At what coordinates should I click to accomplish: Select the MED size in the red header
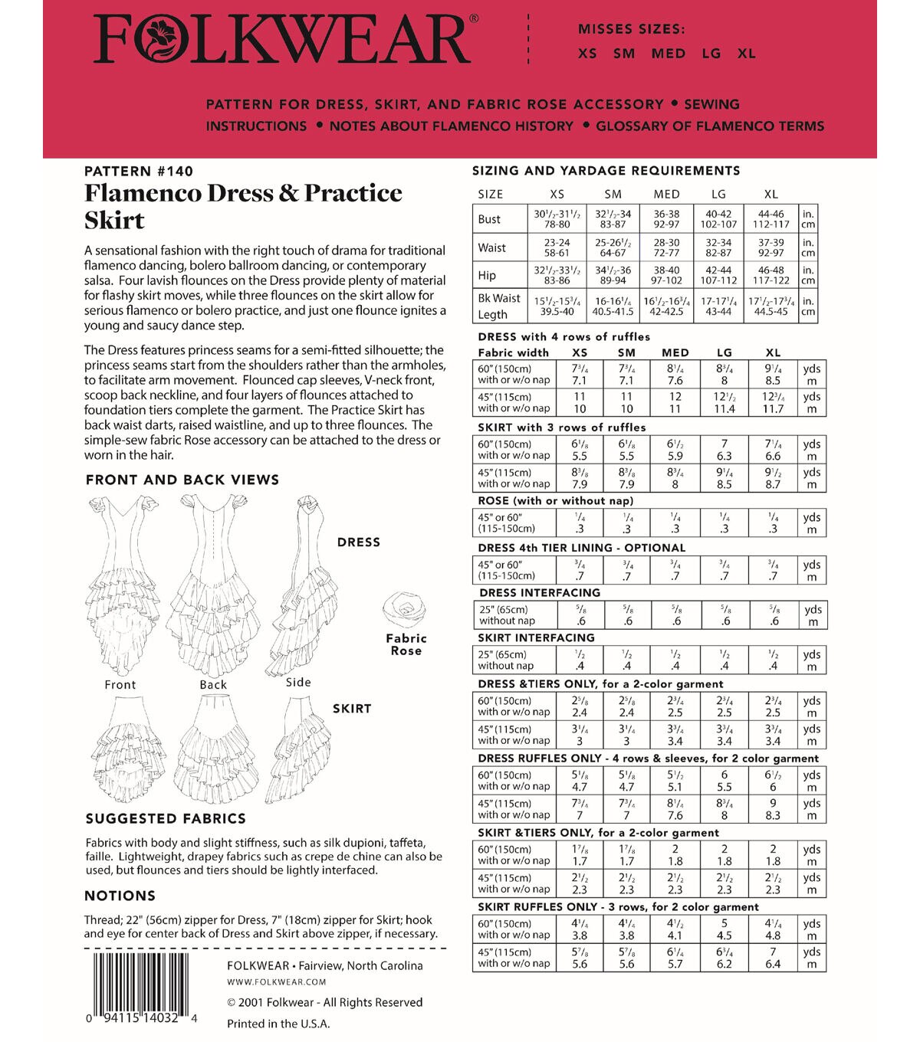tap(668, 54)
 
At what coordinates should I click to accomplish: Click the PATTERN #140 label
tap(139, 171)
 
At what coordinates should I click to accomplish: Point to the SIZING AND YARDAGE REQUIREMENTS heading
tap(606, 171)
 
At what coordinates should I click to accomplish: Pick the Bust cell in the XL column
tap(770, 219)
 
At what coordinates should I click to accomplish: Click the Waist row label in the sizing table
tap(491, 247)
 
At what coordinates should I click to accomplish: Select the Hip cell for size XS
tap(557, 275)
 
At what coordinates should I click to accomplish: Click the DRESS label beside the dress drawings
tap(358, 542)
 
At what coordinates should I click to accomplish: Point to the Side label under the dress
tap(298, 682)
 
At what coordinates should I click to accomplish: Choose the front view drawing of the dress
tap(123, 582)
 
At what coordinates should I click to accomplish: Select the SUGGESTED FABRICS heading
tap(166, 818)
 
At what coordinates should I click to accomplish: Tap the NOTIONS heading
tap(120, 896)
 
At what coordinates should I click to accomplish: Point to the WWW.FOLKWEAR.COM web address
tap(276, 981)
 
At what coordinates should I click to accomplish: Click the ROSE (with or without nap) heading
tap(555, 501)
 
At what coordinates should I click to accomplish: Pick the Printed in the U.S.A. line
tap(278, 1024)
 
